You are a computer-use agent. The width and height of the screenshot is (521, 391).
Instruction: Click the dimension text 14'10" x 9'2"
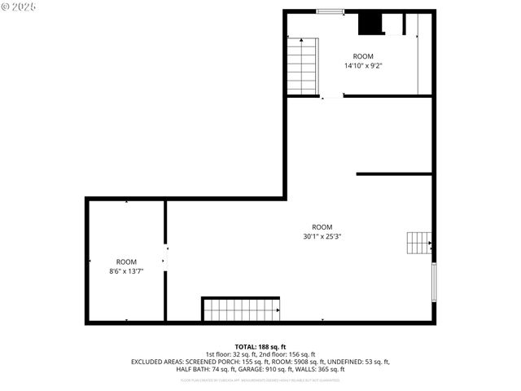[363, 66]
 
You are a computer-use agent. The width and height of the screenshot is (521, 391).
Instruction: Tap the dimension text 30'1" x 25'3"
[322, 237]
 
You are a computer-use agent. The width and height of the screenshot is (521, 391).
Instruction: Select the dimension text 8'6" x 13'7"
[126, 270]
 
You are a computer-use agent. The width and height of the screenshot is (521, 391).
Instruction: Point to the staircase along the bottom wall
[240, 310]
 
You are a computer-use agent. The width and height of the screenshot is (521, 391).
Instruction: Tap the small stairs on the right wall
[418, 242]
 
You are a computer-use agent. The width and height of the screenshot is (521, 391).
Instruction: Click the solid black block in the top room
[371, 24]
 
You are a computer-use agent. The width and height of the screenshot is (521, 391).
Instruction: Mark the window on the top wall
[329, 11]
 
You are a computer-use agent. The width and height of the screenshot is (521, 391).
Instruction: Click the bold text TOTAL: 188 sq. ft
[260, 347]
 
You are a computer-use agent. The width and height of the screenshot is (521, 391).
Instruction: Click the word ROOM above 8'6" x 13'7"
[126, 261]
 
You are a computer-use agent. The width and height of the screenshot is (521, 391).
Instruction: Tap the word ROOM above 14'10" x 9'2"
[363, 56]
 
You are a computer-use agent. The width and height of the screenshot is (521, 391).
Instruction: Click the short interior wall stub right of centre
[394, 174]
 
